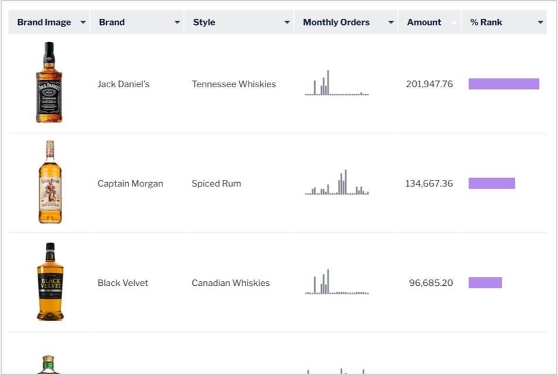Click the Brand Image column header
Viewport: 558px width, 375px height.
44,22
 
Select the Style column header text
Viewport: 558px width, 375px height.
204,22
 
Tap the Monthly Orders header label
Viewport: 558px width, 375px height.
336,22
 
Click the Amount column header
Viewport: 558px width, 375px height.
424,22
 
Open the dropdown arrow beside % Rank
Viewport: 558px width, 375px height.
540,22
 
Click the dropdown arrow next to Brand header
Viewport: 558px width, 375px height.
177,22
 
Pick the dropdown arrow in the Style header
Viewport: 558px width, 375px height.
287,22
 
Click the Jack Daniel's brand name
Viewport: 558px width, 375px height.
123,84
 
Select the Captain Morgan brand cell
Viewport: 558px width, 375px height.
130,183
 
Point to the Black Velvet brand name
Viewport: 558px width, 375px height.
123,283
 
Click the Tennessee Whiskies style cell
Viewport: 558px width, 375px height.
233,84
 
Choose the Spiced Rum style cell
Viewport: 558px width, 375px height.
216,183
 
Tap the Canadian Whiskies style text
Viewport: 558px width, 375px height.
230,283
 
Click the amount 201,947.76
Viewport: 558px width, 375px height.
429,84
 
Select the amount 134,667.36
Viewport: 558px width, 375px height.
428,183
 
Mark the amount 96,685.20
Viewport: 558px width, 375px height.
431,283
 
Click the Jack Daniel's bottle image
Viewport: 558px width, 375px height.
49,83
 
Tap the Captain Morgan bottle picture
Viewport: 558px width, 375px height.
50,182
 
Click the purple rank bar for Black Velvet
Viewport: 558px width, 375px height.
485,283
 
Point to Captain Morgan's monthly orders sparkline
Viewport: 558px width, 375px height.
337,183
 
